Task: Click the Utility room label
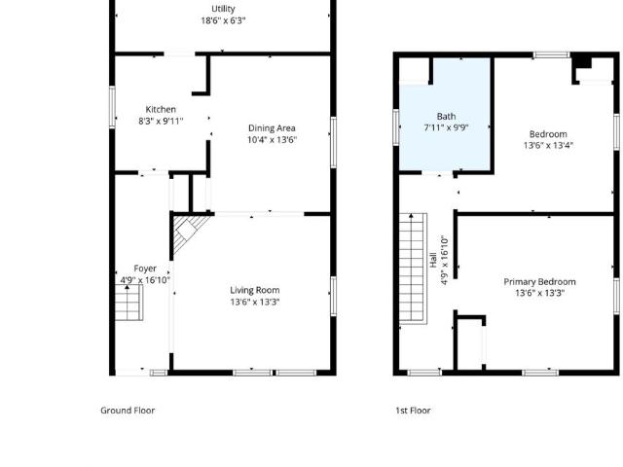[x=223, y=9]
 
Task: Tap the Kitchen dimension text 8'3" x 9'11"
[x=161, y=121]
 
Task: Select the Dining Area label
[x=272, y=128]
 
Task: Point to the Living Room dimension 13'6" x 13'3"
[x=255, y=302]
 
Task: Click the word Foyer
[x=145, y=269]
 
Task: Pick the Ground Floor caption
[x=128, y=411]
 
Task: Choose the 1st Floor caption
[x=413, y=411]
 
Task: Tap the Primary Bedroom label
[x=539, y=282]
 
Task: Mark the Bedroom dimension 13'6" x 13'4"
[x=548, y=145]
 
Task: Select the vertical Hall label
[x=433, y=260]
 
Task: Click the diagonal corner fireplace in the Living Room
[x=190, y=234]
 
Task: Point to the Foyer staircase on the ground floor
[x=129, y=303]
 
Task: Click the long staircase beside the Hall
[x=413, y=269]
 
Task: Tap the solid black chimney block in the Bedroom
[x=582, y=62]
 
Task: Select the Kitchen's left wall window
[x=112, y=107]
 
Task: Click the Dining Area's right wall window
[x=333, y=142]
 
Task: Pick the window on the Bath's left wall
[x=396, y=127]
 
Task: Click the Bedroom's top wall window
[x=552, y=55]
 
